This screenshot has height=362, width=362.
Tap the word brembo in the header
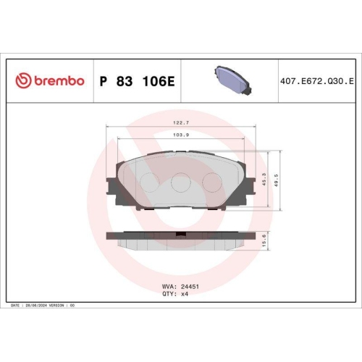click(58, 80)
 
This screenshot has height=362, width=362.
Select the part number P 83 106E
click(137, 80)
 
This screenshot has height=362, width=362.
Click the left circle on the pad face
click(148, 182)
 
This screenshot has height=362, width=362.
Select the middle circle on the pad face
click(180, 185)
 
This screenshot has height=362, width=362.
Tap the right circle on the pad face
click(211, 182)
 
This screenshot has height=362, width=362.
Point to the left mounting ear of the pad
click(114, 190)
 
